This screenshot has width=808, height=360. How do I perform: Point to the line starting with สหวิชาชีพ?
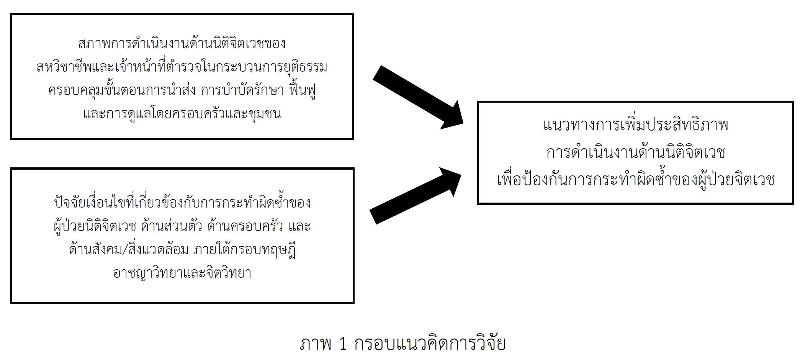[182, 67]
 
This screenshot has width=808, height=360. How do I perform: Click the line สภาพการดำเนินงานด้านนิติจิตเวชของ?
[182, 43]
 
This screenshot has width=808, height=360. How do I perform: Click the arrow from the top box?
[417, 97]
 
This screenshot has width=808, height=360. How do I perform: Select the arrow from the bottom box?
[415, 195]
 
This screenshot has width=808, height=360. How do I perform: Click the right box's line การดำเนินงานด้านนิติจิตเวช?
[636, 152]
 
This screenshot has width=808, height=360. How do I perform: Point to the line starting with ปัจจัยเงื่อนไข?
[182, 203]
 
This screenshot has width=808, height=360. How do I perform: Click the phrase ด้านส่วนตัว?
[171, 226]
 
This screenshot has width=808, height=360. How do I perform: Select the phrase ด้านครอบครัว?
[245, 226]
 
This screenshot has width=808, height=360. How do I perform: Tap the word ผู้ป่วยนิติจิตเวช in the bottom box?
[95, 226]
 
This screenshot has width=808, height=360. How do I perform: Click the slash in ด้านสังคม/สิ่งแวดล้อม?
[125, 250]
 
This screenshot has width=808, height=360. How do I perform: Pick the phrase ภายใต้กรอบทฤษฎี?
[245, 250]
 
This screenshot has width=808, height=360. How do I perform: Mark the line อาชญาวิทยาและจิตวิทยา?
[182, 273]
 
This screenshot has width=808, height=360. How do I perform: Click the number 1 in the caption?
[343, 344]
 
